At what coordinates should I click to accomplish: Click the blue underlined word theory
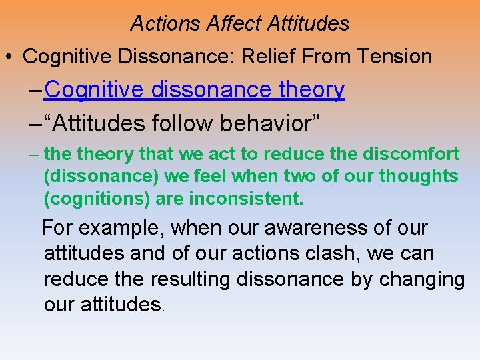pyautogui.click(x=311, y=89)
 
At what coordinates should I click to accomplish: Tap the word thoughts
pyautogui.click(x=419, y=176)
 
